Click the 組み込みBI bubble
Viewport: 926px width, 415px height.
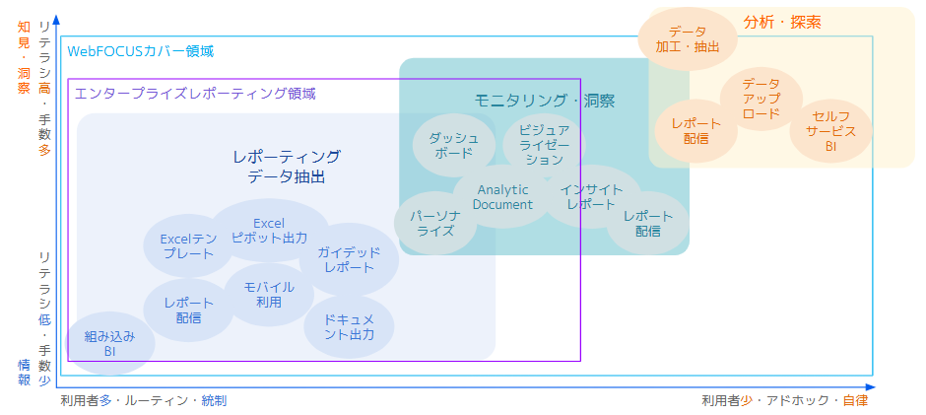click(x=109, y=344)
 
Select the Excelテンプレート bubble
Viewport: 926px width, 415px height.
click(x=187, y=245)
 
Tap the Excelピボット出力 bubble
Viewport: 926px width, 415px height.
click(x=269, y=231)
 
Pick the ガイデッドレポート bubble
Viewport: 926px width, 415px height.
click(x=349, y=260)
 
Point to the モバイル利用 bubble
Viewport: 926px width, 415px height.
click(x=269, y=294)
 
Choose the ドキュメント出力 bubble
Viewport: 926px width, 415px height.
click(x=349, y=327)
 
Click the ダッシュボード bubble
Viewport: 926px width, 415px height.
click(x=453, y=146)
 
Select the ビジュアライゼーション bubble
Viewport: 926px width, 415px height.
click(x=544, y=144)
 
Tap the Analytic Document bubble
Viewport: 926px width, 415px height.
click(x=502, y=197)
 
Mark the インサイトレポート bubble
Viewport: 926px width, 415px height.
click(x=591, y=195)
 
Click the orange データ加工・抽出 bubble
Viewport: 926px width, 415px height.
click(x=688, y=39)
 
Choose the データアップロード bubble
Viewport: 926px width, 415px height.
click(x=761, y=99)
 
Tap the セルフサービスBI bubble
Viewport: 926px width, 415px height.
click(x=830, y=130)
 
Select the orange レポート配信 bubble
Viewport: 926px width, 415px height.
click(x=696, y=131)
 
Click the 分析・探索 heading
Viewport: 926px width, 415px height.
click(x=782, y=22)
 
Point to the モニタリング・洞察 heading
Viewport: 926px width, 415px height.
click(x=545, y=101)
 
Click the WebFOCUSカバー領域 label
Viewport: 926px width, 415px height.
click(x=140, y=50)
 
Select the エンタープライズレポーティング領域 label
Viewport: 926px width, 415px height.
click(x=195, y=94)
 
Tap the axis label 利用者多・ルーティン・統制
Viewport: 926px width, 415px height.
click(x=143, y=401)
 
